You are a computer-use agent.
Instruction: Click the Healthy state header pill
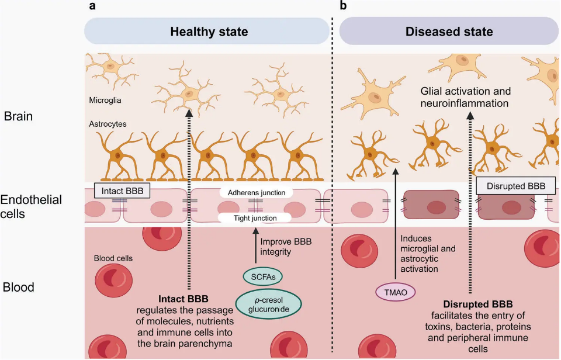click(209, 31)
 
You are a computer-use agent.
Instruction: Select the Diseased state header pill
click(449, 31)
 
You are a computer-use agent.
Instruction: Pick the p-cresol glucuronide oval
click(268, 304)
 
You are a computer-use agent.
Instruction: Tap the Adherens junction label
click(257, 192)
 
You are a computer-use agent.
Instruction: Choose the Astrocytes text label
click(108, 124)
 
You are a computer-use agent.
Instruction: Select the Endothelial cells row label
click(31, 207)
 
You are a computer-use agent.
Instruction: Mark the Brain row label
click(18, 116)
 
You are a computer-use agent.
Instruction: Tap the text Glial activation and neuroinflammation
click(465, 98)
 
